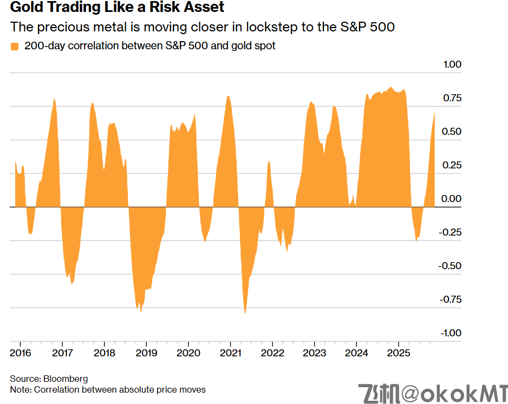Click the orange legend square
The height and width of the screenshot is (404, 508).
point(15,47)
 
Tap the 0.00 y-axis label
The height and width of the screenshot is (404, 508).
point(452,199)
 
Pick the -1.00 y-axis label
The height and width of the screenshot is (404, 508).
point(450,333)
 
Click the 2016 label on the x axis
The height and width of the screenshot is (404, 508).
point(20,353)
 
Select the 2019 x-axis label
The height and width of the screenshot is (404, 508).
point(146,353)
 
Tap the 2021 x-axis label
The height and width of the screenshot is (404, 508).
point(230,353)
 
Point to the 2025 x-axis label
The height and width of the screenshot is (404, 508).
point(398,353)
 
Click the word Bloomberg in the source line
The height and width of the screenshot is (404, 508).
point(66,379)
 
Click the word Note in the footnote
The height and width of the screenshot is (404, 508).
point(19,389)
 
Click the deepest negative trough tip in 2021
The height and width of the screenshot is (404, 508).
point(245,313)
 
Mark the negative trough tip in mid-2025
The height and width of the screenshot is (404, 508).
point(416,240)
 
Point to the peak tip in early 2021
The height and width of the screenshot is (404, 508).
point(228,96)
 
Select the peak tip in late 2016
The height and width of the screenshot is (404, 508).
point(54,99)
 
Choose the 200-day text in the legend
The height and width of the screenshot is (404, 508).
point(41,46)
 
